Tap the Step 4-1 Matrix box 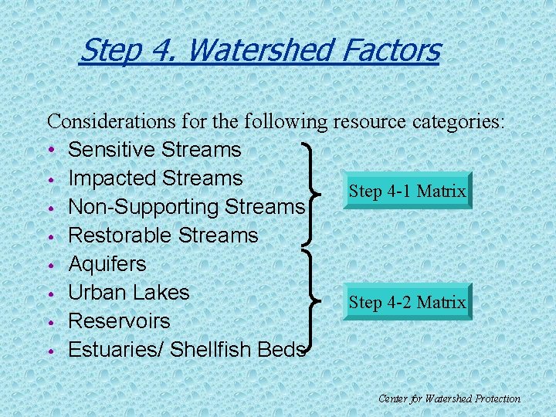(x=407, y=191)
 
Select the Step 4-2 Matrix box (x=407, y=302)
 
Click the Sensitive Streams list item (x=154, y=149)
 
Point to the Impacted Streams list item (x=155, y=178)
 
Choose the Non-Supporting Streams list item (x=186, y=207)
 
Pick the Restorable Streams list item (x=163, y=235)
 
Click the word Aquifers (x=107, y=263)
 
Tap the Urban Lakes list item (x=129, y=292)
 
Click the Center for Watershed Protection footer (x=449, y=398)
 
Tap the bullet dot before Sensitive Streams (x=50, y=150)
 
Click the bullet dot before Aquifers (x=50, y=264)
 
